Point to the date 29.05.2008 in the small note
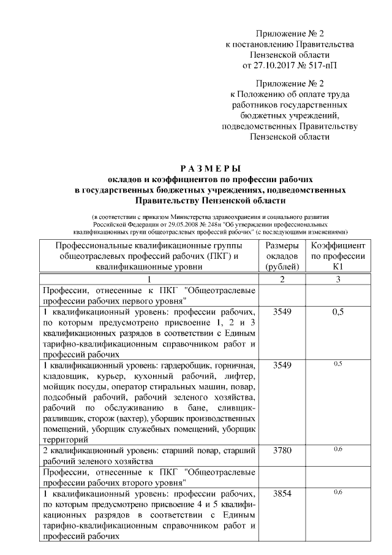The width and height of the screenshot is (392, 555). [x=158, y=225]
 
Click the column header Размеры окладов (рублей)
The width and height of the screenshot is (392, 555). [x=282, y=256]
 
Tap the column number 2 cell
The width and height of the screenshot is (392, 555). [x=282, y=279]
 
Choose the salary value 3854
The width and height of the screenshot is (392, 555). [x=282, y=493]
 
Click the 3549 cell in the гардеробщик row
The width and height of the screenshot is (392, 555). [x=282, y=365]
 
